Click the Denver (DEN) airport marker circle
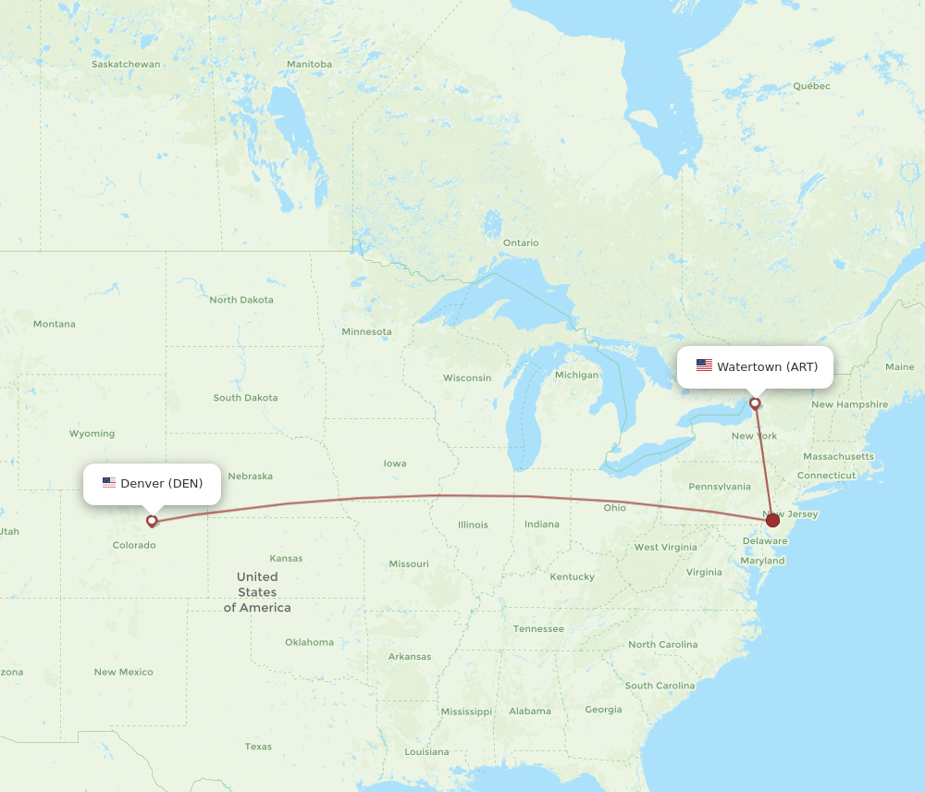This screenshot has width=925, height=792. [x=152, y=521]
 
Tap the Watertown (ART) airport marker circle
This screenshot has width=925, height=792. [x=756, y=403]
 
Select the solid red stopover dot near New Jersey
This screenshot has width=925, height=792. [x=772, y=521]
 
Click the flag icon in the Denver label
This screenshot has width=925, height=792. [x=109, y=483]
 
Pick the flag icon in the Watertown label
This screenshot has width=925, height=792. [x=704, y=366]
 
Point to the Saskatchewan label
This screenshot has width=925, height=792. [x=126, y=65]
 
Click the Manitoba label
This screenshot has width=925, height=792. [x=309, y=65]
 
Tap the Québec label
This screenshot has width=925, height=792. [x=811, y=86]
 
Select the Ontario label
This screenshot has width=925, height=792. [x=521, y=243]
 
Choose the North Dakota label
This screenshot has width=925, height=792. [x=241, y=300]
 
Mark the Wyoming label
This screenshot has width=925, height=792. [x=92, y=434]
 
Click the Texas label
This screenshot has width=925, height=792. [x=258, y=747]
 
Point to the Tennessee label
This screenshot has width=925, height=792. [x=539, y=629]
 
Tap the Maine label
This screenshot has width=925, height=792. [x=899, y=367]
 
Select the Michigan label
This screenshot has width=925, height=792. [x=576, y=375]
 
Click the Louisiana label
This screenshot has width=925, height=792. [x=426, y=752]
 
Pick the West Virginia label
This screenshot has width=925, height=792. [x=665, y=547]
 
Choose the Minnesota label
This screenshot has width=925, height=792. [x=366, y=332]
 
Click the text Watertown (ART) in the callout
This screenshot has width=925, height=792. [x=767, y=367]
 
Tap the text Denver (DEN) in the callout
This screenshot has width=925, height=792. [x=161, y=484]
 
